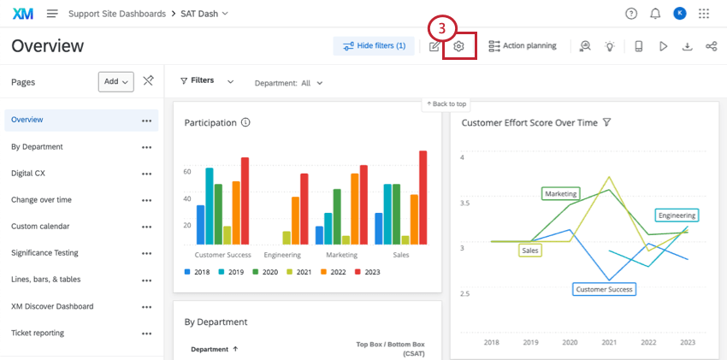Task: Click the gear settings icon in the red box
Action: coord(458,46)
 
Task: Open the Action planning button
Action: coord(522,46)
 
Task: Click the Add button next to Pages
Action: coord(116,81)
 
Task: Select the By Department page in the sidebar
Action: coord(37,146)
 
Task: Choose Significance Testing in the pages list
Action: coord(44,253)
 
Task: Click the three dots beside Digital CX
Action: coord(146,174)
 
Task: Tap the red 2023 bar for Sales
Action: coord(423,198)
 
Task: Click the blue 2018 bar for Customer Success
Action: coord(200,224)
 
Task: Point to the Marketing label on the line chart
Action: coord(561,194)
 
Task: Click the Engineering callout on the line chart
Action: coord(677,215)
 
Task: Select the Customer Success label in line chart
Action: coord(604,289)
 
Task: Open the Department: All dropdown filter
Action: coord(289,83)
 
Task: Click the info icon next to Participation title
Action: coord(245,123)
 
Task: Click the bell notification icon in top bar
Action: coord(655,14)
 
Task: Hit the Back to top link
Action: coord(446,103)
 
